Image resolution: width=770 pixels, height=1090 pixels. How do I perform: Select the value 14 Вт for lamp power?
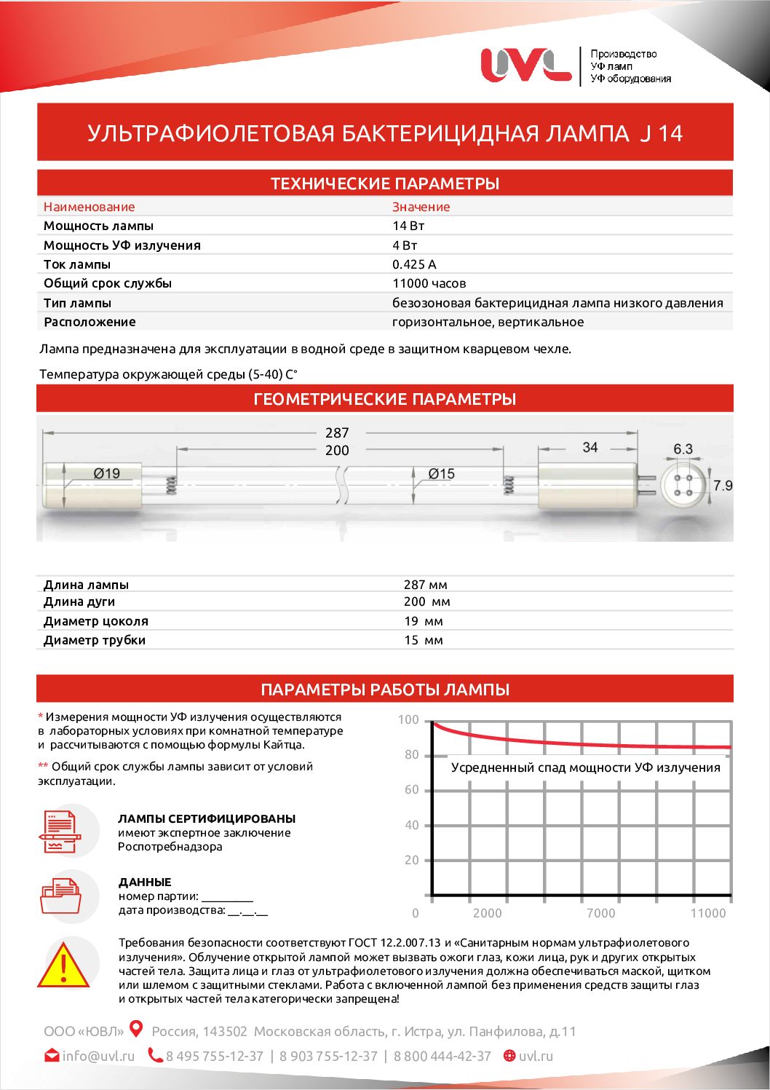408,226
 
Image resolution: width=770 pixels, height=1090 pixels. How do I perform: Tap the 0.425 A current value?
414,264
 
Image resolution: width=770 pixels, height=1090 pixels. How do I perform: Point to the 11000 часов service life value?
429,283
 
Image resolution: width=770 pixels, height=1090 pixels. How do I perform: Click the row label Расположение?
90,322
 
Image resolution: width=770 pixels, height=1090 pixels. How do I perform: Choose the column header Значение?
421,207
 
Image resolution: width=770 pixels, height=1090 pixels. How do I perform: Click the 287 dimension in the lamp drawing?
337,433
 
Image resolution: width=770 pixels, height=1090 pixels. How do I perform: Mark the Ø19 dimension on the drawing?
106,473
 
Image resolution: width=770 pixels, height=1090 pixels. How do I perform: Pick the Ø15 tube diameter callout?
441,474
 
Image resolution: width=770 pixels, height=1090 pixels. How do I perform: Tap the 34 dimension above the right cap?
590,447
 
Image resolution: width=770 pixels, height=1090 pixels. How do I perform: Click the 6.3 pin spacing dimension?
683,449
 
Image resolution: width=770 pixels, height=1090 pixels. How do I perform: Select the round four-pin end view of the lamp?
683,485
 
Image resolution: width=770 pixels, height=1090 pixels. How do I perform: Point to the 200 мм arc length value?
427,602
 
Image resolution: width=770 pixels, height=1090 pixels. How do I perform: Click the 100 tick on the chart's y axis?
408,720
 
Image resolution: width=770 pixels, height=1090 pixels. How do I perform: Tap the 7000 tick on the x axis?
600,913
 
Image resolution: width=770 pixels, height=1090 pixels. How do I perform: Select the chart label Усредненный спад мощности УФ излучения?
585,767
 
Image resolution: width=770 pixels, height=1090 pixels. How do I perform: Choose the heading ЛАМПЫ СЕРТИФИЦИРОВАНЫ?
207,818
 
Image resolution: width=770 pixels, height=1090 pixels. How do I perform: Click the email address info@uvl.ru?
98,1056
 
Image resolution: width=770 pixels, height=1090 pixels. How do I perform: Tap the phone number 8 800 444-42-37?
442,1056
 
